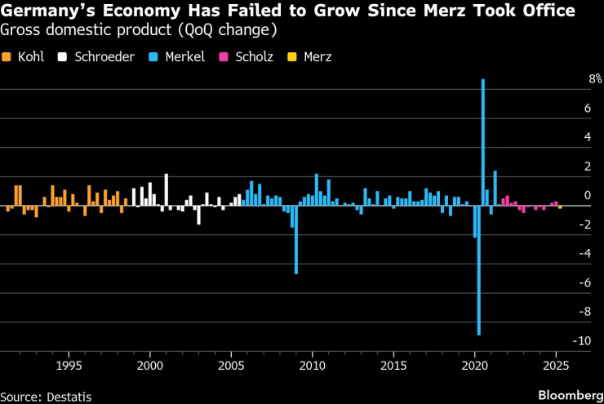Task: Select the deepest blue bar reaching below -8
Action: pos(479,269)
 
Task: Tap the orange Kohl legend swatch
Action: pos(6,57)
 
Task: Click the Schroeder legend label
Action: pos(104,57)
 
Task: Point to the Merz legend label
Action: pos(318,57)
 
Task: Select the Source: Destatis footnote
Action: pos(47,396)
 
